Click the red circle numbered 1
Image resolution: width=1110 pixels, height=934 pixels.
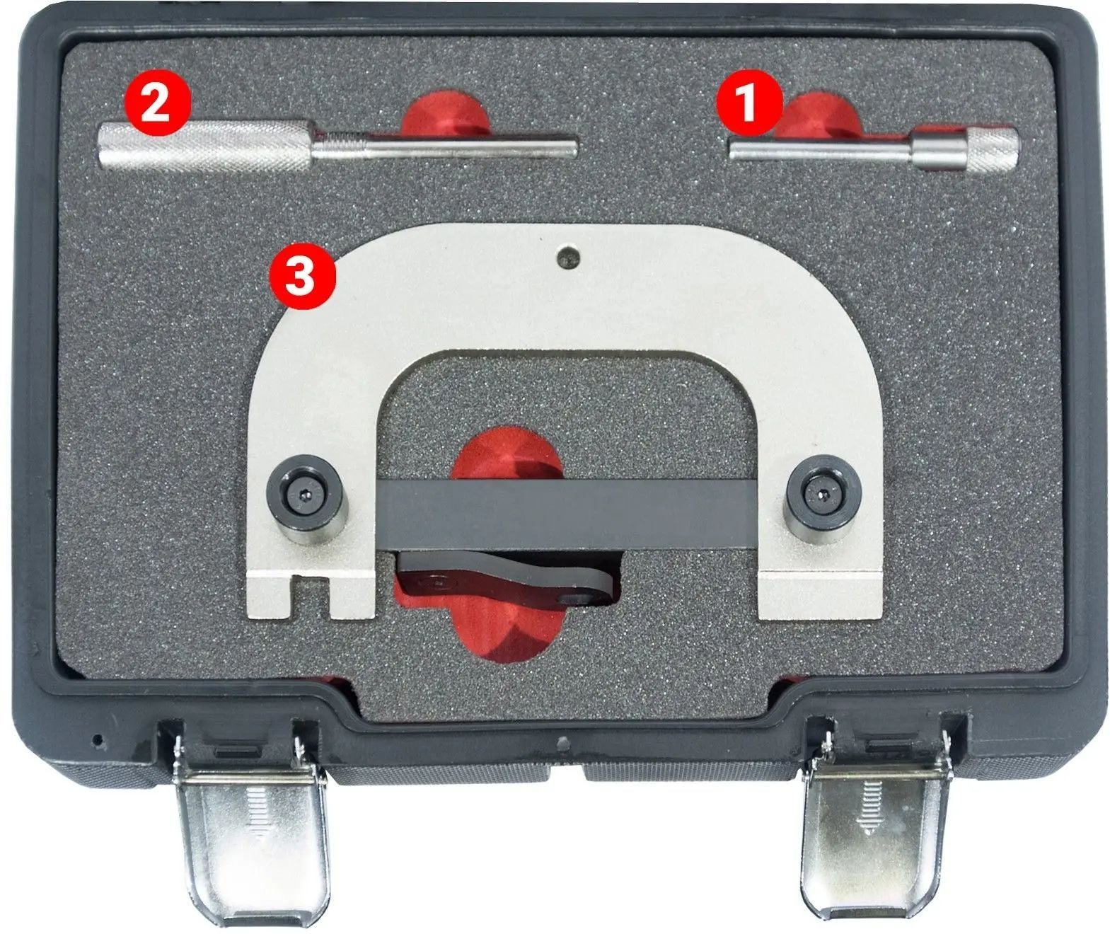tap(750, 103)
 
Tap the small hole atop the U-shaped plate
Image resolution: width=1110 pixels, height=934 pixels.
tap(568, 258)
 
